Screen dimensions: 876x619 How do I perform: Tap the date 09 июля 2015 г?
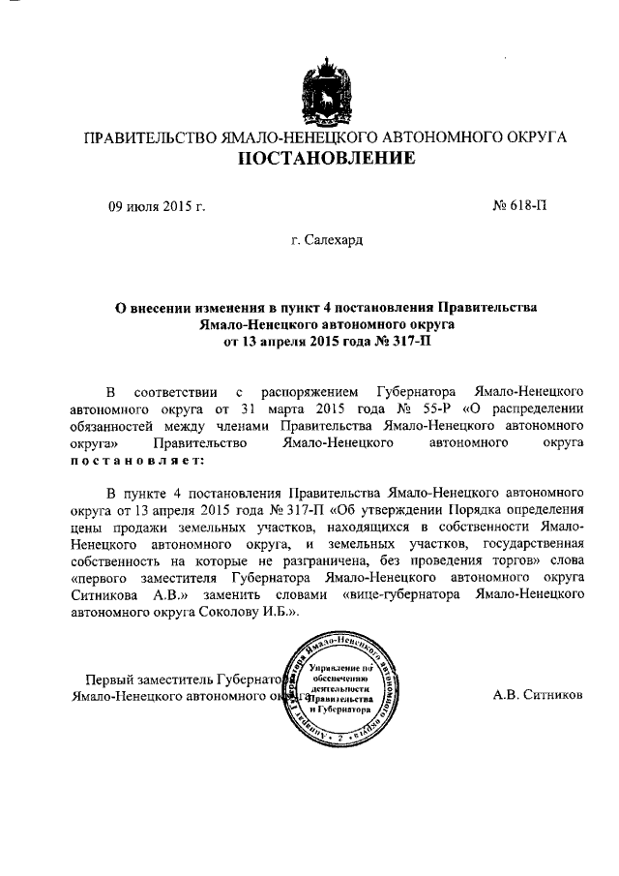point(156,205)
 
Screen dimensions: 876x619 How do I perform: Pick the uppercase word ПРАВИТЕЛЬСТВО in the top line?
point(151,137)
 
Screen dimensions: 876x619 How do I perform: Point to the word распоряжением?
point(300,390)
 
